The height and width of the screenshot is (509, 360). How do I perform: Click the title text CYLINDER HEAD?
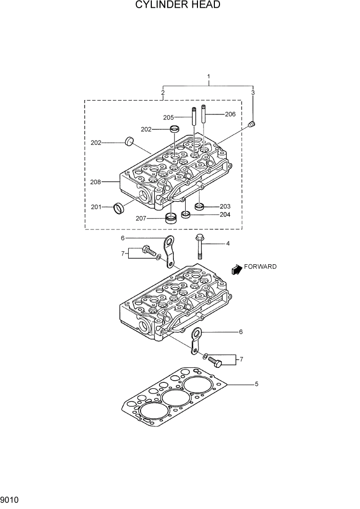click(x=178, y=6)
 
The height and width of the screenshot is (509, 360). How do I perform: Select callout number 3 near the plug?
click(x=253, y=93)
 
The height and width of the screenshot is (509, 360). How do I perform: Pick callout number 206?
click(x=230, y=114)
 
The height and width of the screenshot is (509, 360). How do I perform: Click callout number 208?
click(x=95, y=182)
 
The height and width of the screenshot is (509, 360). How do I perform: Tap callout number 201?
click(x=95, y=207)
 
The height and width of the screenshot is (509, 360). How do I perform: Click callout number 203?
click(x=225, y=206)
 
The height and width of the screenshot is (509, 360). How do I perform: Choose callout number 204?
click(x=225, y=214)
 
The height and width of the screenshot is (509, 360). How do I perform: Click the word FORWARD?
click(x=261, y=267)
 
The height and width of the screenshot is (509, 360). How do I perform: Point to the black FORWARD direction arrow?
click(x=237, y=269)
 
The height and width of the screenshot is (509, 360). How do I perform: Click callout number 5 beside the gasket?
click(x=256, y=384)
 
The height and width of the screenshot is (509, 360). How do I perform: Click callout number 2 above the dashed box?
click(x=163, y=93)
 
